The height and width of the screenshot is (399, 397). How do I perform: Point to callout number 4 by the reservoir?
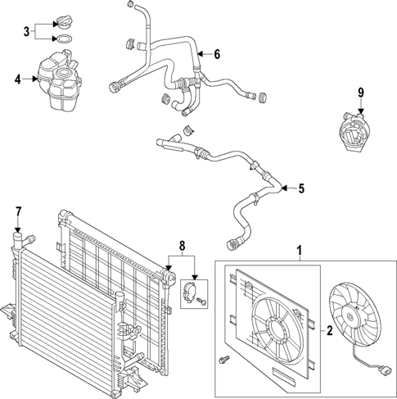point(18,79)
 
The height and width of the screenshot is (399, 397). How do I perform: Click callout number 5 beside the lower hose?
point(300,188)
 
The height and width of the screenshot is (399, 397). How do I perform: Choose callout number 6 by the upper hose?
point(217,55)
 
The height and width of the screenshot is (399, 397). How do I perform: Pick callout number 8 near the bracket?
point(182,244)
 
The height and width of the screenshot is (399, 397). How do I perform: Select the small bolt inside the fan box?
point(223,359)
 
